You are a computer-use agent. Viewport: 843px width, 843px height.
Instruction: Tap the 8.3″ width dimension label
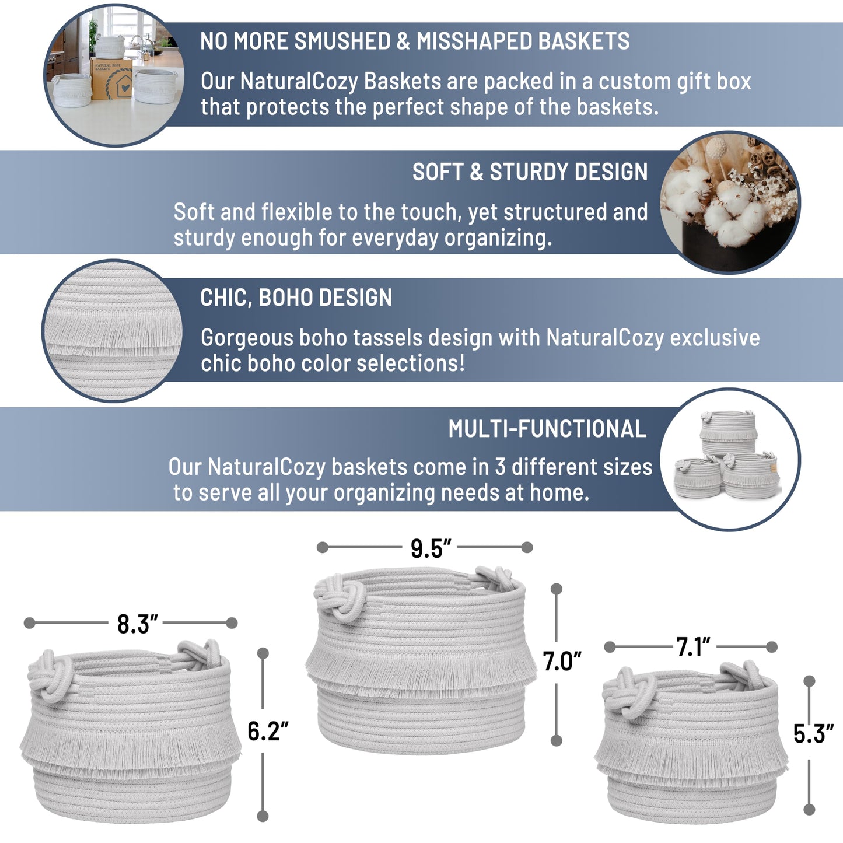(x=137, y=624)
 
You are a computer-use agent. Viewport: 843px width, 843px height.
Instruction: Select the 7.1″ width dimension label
(x=693, y=647)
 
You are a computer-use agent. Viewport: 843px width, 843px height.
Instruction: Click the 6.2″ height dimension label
(x=268, y=731)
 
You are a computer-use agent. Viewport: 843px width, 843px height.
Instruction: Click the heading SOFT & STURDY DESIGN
(x=530, y=172)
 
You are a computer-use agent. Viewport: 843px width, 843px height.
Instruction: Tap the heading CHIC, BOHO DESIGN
(x=296, y=298)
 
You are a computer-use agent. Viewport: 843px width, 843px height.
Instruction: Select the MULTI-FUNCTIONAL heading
(x=547, y=429)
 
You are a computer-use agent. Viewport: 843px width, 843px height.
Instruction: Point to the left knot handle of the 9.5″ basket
(x=341, y=597)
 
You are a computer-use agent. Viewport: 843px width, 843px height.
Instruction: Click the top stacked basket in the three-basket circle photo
(x=728, y=432)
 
